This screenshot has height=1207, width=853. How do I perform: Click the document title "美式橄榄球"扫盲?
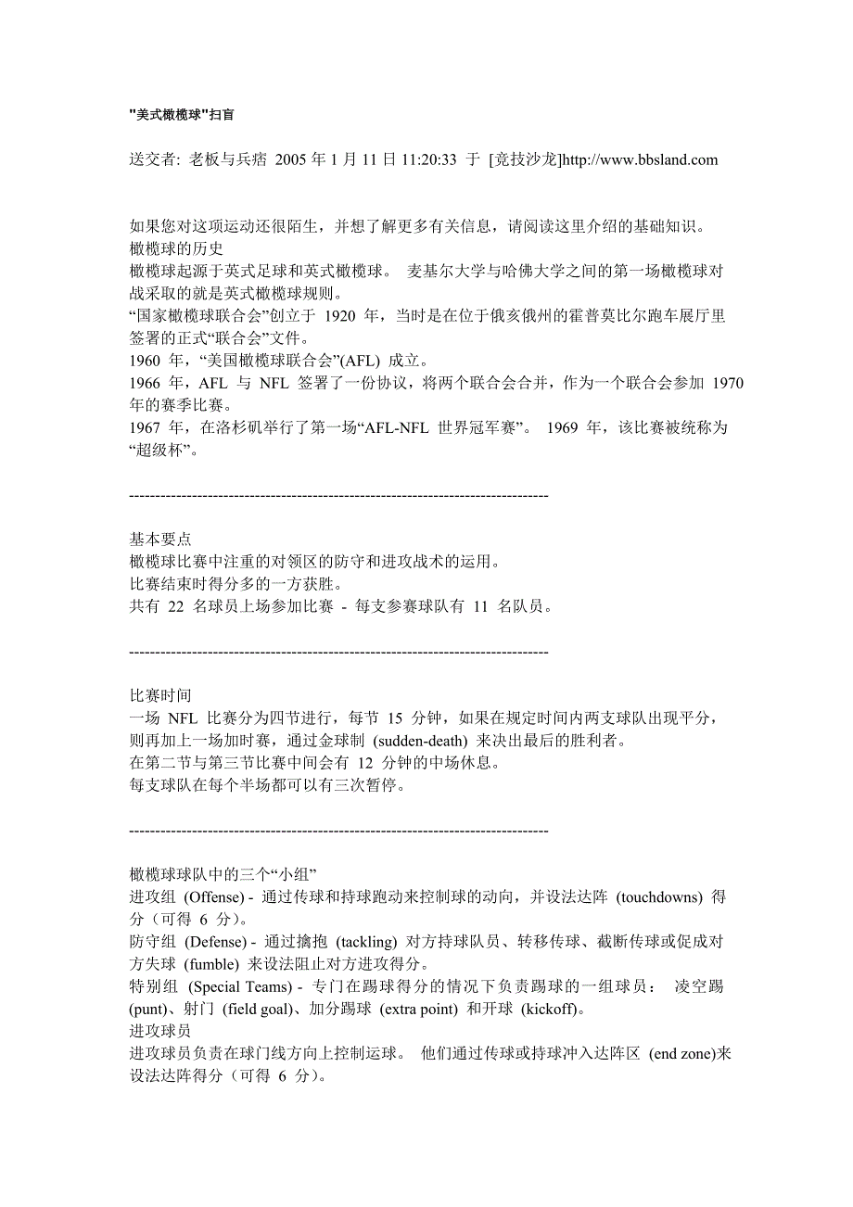(x=182, y=115)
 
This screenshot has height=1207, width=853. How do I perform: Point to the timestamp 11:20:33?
(x=426, y=159)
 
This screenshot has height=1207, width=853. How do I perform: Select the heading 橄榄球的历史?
(x=175, y=248)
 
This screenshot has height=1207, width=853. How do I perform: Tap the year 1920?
(x=342, y=316)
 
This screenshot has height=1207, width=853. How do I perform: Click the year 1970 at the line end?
(x=727, y=383)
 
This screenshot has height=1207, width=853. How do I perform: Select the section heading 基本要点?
(x=160, y=540)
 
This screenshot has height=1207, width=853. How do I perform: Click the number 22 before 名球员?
(x=175, y=607)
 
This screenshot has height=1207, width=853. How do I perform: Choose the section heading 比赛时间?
(x=160, y=696)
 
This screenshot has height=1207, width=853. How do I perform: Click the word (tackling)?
(x=366, y=942)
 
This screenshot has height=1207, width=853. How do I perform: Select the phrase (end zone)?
(x=682, y=1054)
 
